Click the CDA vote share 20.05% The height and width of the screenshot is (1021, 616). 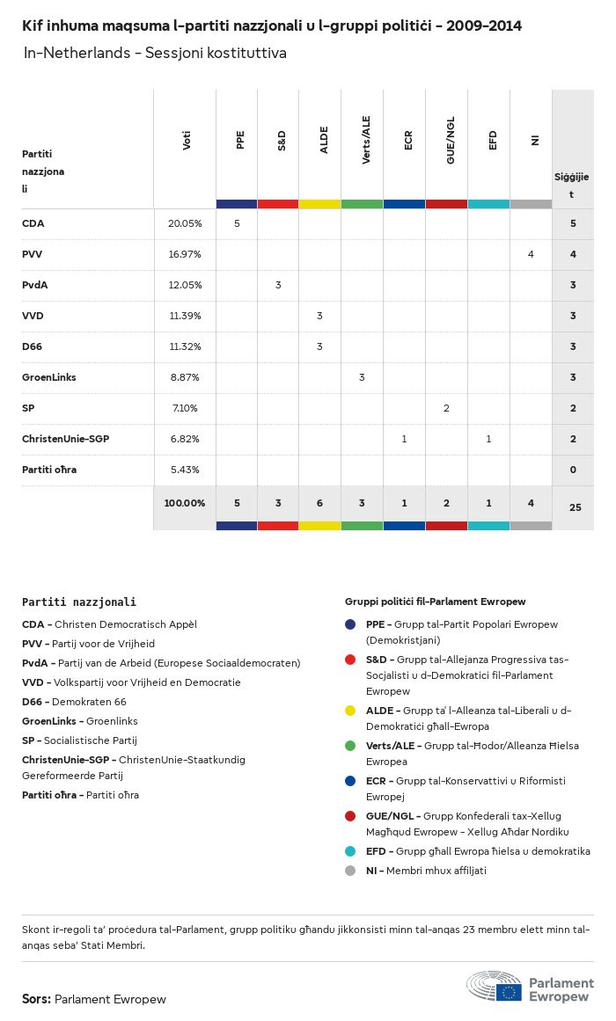[x=185, y=223]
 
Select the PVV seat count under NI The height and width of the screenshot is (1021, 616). [x=531, y=254]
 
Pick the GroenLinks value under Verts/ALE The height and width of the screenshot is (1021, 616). [x=362, y=377]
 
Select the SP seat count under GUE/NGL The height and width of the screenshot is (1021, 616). [x=446, y=408]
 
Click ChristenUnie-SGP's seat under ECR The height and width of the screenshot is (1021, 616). [x=404, y=439]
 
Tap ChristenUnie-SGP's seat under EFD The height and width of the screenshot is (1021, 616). [x=488, y=439]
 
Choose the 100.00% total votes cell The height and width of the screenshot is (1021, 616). [x=185, y=503]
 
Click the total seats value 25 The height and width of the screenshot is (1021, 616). [x=573, y=507]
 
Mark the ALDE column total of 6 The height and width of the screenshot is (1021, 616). [x=319, y=503]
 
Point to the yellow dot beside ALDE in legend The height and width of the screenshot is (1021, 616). [x=351, y=710]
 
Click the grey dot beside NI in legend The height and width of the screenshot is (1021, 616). [x=351, y=871]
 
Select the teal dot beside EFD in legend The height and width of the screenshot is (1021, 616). [x=351, y=851]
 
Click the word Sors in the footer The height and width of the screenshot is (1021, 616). [x=35, y=999]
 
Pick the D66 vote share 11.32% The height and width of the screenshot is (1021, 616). [x=185, y=346]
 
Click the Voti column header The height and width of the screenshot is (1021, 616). [x=187, y=141]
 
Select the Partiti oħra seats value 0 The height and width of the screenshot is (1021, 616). [x=573, y=470]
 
